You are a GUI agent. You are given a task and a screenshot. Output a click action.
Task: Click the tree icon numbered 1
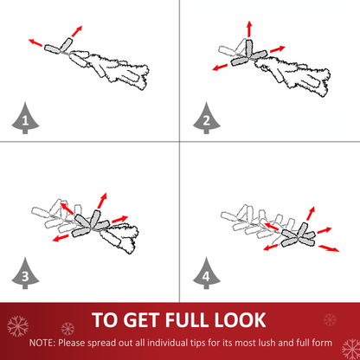click(x=25, y=119)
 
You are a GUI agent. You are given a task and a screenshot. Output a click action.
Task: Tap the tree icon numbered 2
click(x=207, y=119)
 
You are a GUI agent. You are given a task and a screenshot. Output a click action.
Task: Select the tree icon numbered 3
click(x=25, y=274)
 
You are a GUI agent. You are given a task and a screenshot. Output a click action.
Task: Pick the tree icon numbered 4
click(x=207, y=274)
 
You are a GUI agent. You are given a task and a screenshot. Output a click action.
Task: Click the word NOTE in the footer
click(x=42, y=343)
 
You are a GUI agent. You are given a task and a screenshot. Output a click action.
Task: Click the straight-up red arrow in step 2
click(x=249, y=29)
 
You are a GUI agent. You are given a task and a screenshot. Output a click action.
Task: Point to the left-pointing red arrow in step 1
click(x=35, y=42)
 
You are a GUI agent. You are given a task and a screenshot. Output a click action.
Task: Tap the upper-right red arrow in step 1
click(x=77, y=31)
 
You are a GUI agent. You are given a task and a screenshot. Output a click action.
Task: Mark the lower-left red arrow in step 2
click(x=220, y=67)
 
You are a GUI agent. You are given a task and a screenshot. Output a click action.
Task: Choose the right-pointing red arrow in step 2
click(x=278, y=49)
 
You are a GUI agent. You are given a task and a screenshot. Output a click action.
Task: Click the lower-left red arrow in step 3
click(x=61, y=238)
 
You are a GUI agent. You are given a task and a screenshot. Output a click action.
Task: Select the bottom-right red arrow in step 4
click(x=329, y=248)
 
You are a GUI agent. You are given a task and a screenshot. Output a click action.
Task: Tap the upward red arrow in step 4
click(x=311, y=214)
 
